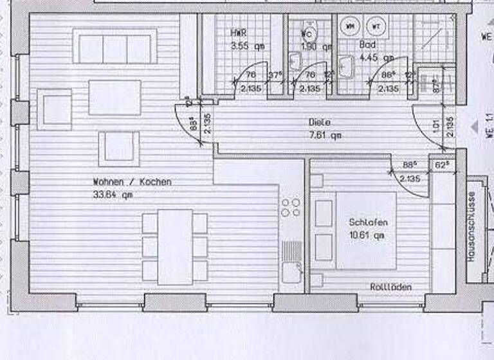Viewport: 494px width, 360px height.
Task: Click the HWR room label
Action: point(239,33)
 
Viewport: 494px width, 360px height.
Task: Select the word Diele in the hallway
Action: point(318,123)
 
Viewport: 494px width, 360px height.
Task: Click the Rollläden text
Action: point(390,287)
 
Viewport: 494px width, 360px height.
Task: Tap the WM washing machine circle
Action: point(351,26)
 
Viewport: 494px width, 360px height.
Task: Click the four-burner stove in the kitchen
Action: point(291,206)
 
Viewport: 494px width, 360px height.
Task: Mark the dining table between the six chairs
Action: point(175,247)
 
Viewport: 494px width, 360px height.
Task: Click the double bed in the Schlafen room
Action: point(365,231)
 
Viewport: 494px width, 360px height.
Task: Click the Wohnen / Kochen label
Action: point(132,182)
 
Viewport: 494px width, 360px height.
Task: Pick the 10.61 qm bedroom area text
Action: point(366,235)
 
